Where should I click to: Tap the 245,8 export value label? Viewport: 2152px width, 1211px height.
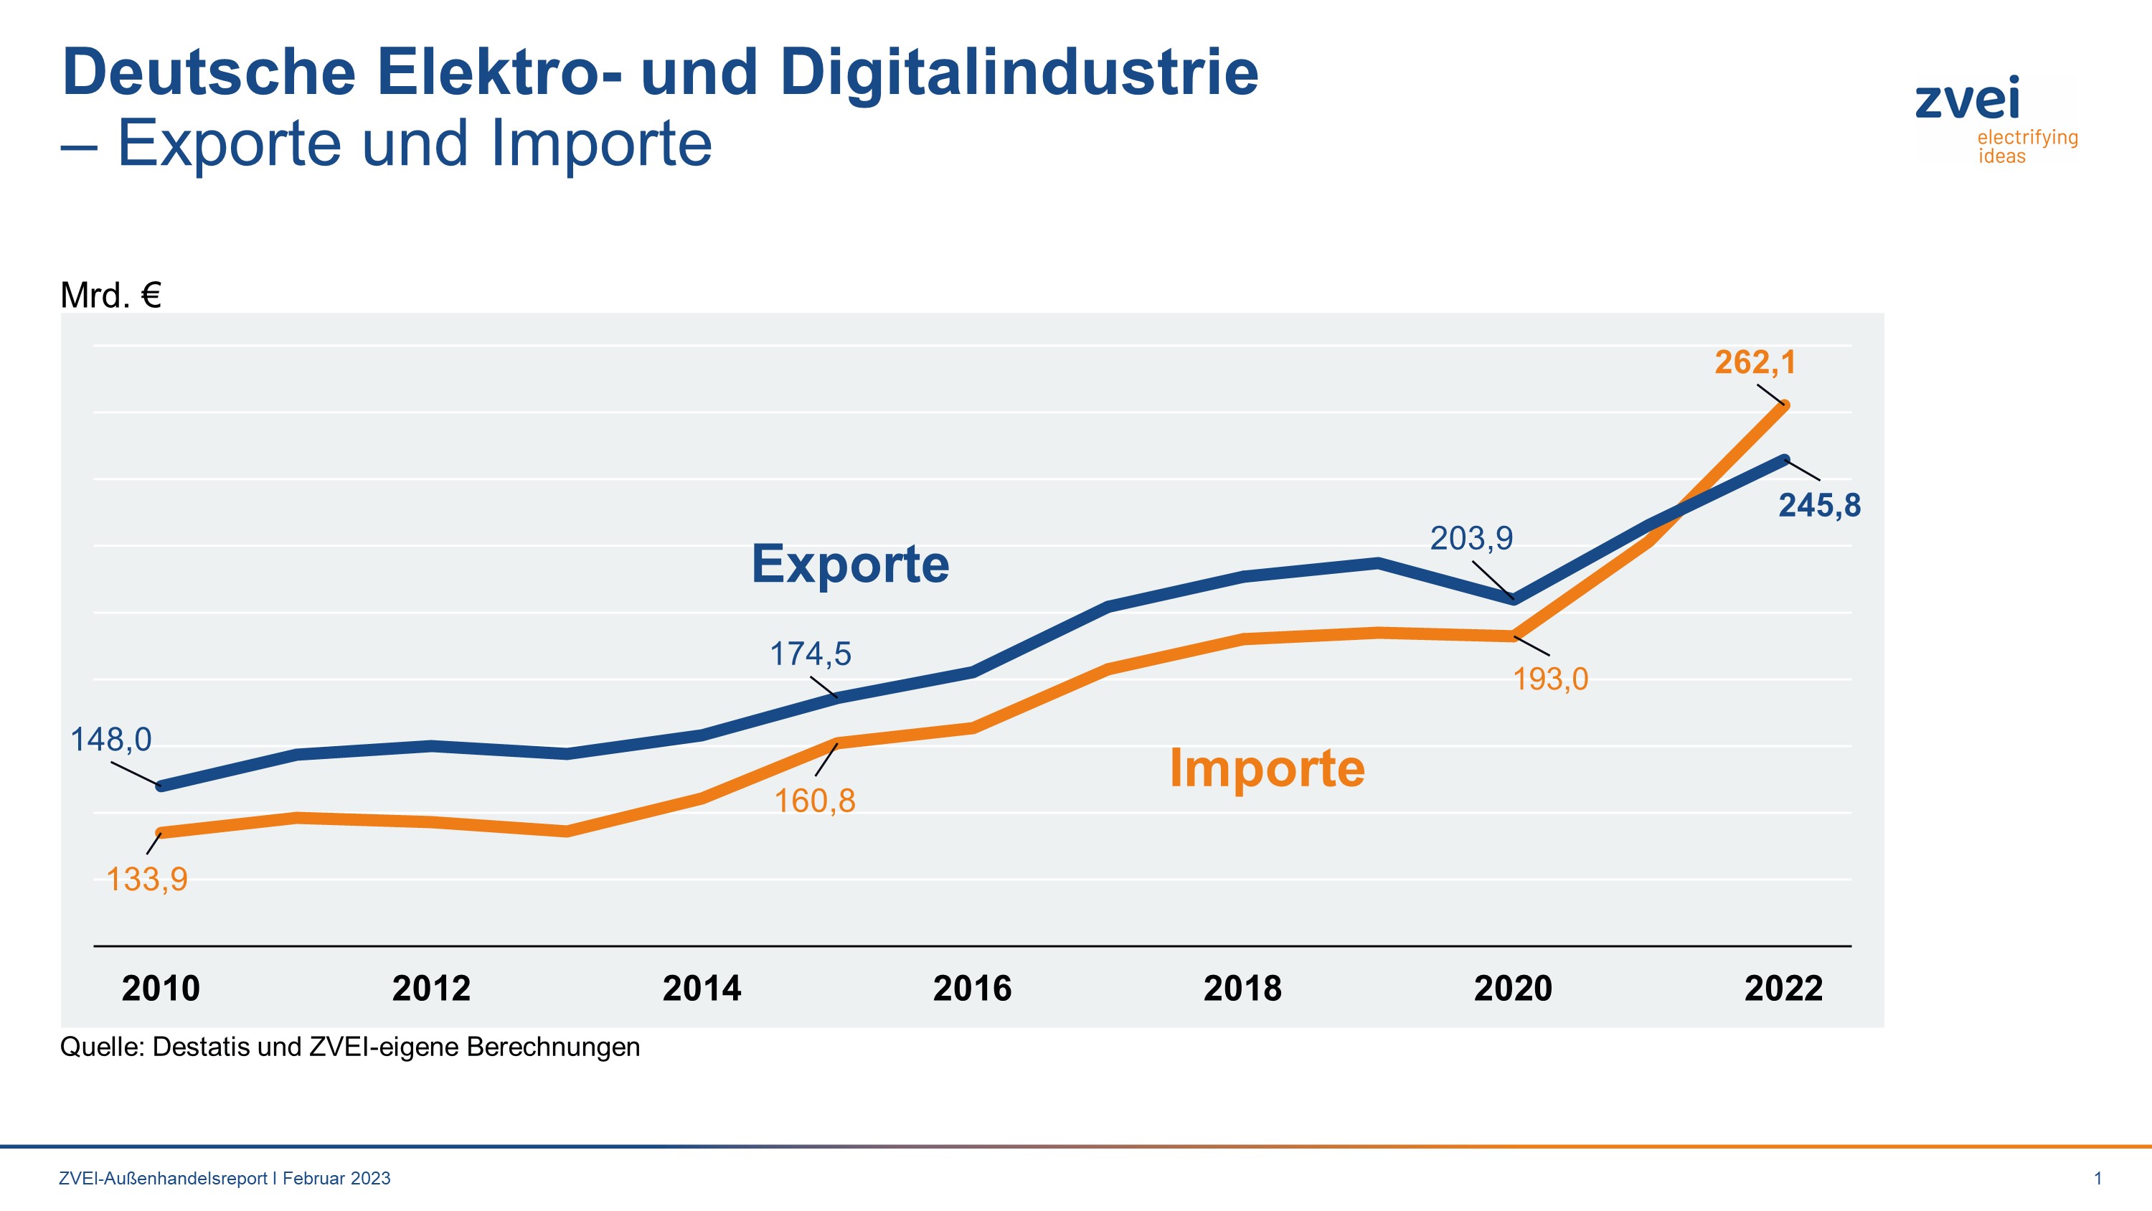click(x=1819, y=506)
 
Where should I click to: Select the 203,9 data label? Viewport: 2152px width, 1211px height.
click(x=1471, y=538)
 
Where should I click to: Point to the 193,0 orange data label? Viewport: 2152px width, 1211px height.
click(x=1550, y=679)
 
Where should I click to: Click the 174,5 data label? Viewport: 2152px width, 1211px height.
click(x=809, y=654)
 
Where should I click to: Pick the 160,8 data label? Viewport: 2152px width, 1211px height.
click(x=814, y=801)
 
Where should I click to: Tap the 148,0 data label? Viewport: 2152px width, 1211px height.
click(x=110, y=740)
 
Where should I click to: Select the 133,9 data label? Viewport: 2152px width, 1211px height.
click(x=147, y=880)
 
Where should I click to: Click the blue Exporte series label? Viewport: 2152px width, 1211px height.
click(x=849, y=564)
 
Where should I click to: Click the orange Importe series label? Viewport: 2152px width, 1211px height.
click(x=1267, y=768)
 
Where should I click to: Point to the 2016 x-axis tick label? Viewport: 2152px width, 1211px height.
click(x=971, y=989)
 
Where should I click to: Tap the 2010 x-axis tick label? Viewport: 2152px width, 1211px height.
click(x=161, y=989)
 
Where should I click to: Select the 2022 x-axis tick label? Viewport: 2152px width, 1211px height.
click(x=1783, y=989)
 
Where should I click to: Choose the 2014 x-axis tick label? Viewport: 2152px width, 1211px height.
click(x=701, y=989)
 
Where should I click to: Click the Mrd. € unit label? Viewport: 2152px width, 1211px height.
click(x=110, y=296)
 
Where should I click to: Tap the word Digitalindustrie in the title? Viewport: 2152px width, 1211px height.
click(x=1019, y=72)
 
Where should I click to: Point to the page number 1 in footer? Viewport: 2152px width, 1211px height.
click(x=2097, y=1179)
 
